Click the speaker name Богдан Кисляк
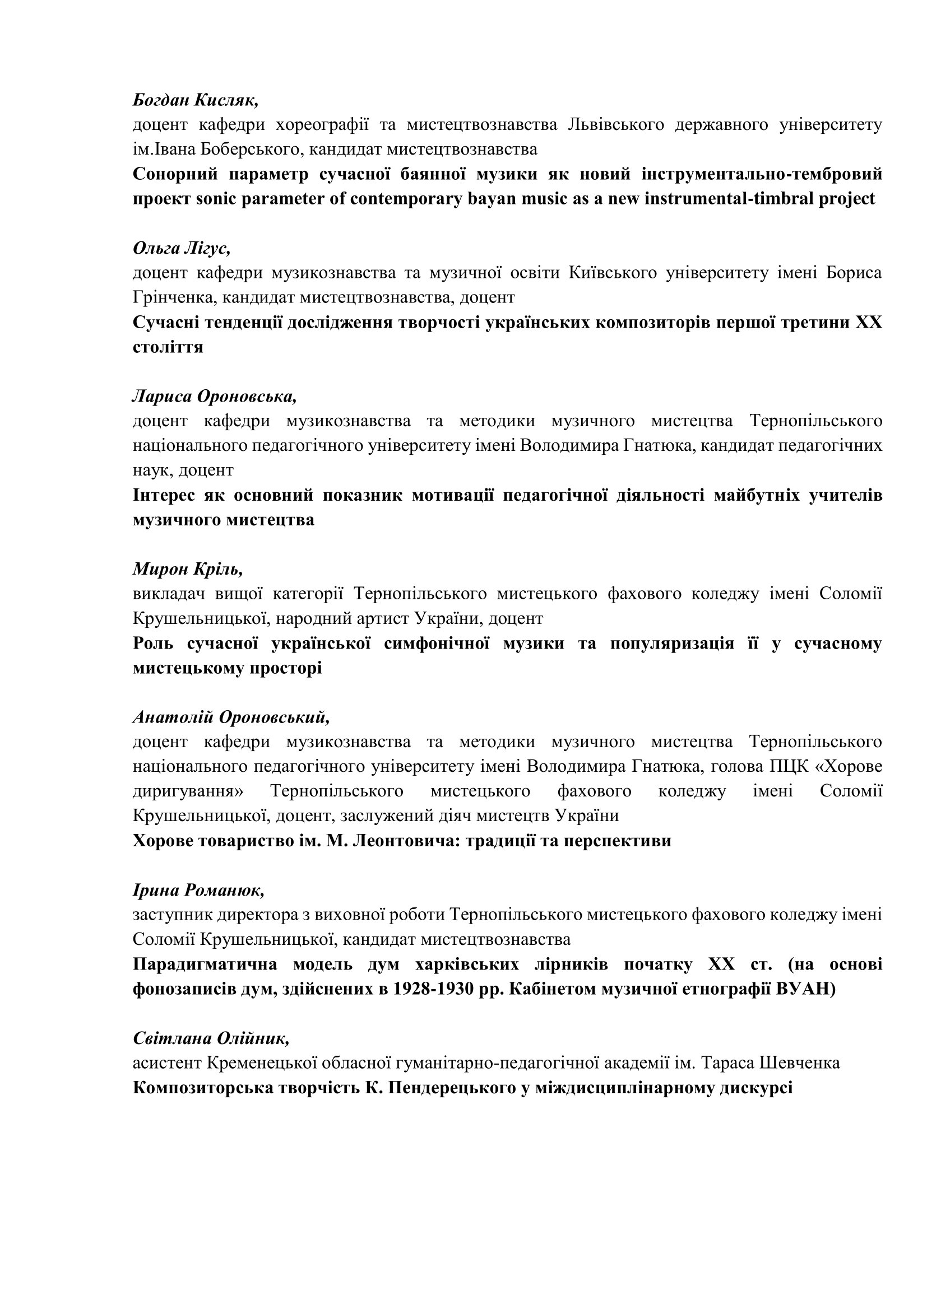[196, 100]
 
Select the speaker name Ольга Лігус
[182, 248]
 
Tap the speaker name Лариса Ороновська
[215, 396]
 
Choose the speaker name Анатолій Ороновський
[231, 717]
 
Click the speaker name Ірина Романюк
[198, 889]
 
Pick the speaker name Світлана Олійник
[211, 1038]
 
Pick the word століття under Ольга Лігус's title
[168, 347]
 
